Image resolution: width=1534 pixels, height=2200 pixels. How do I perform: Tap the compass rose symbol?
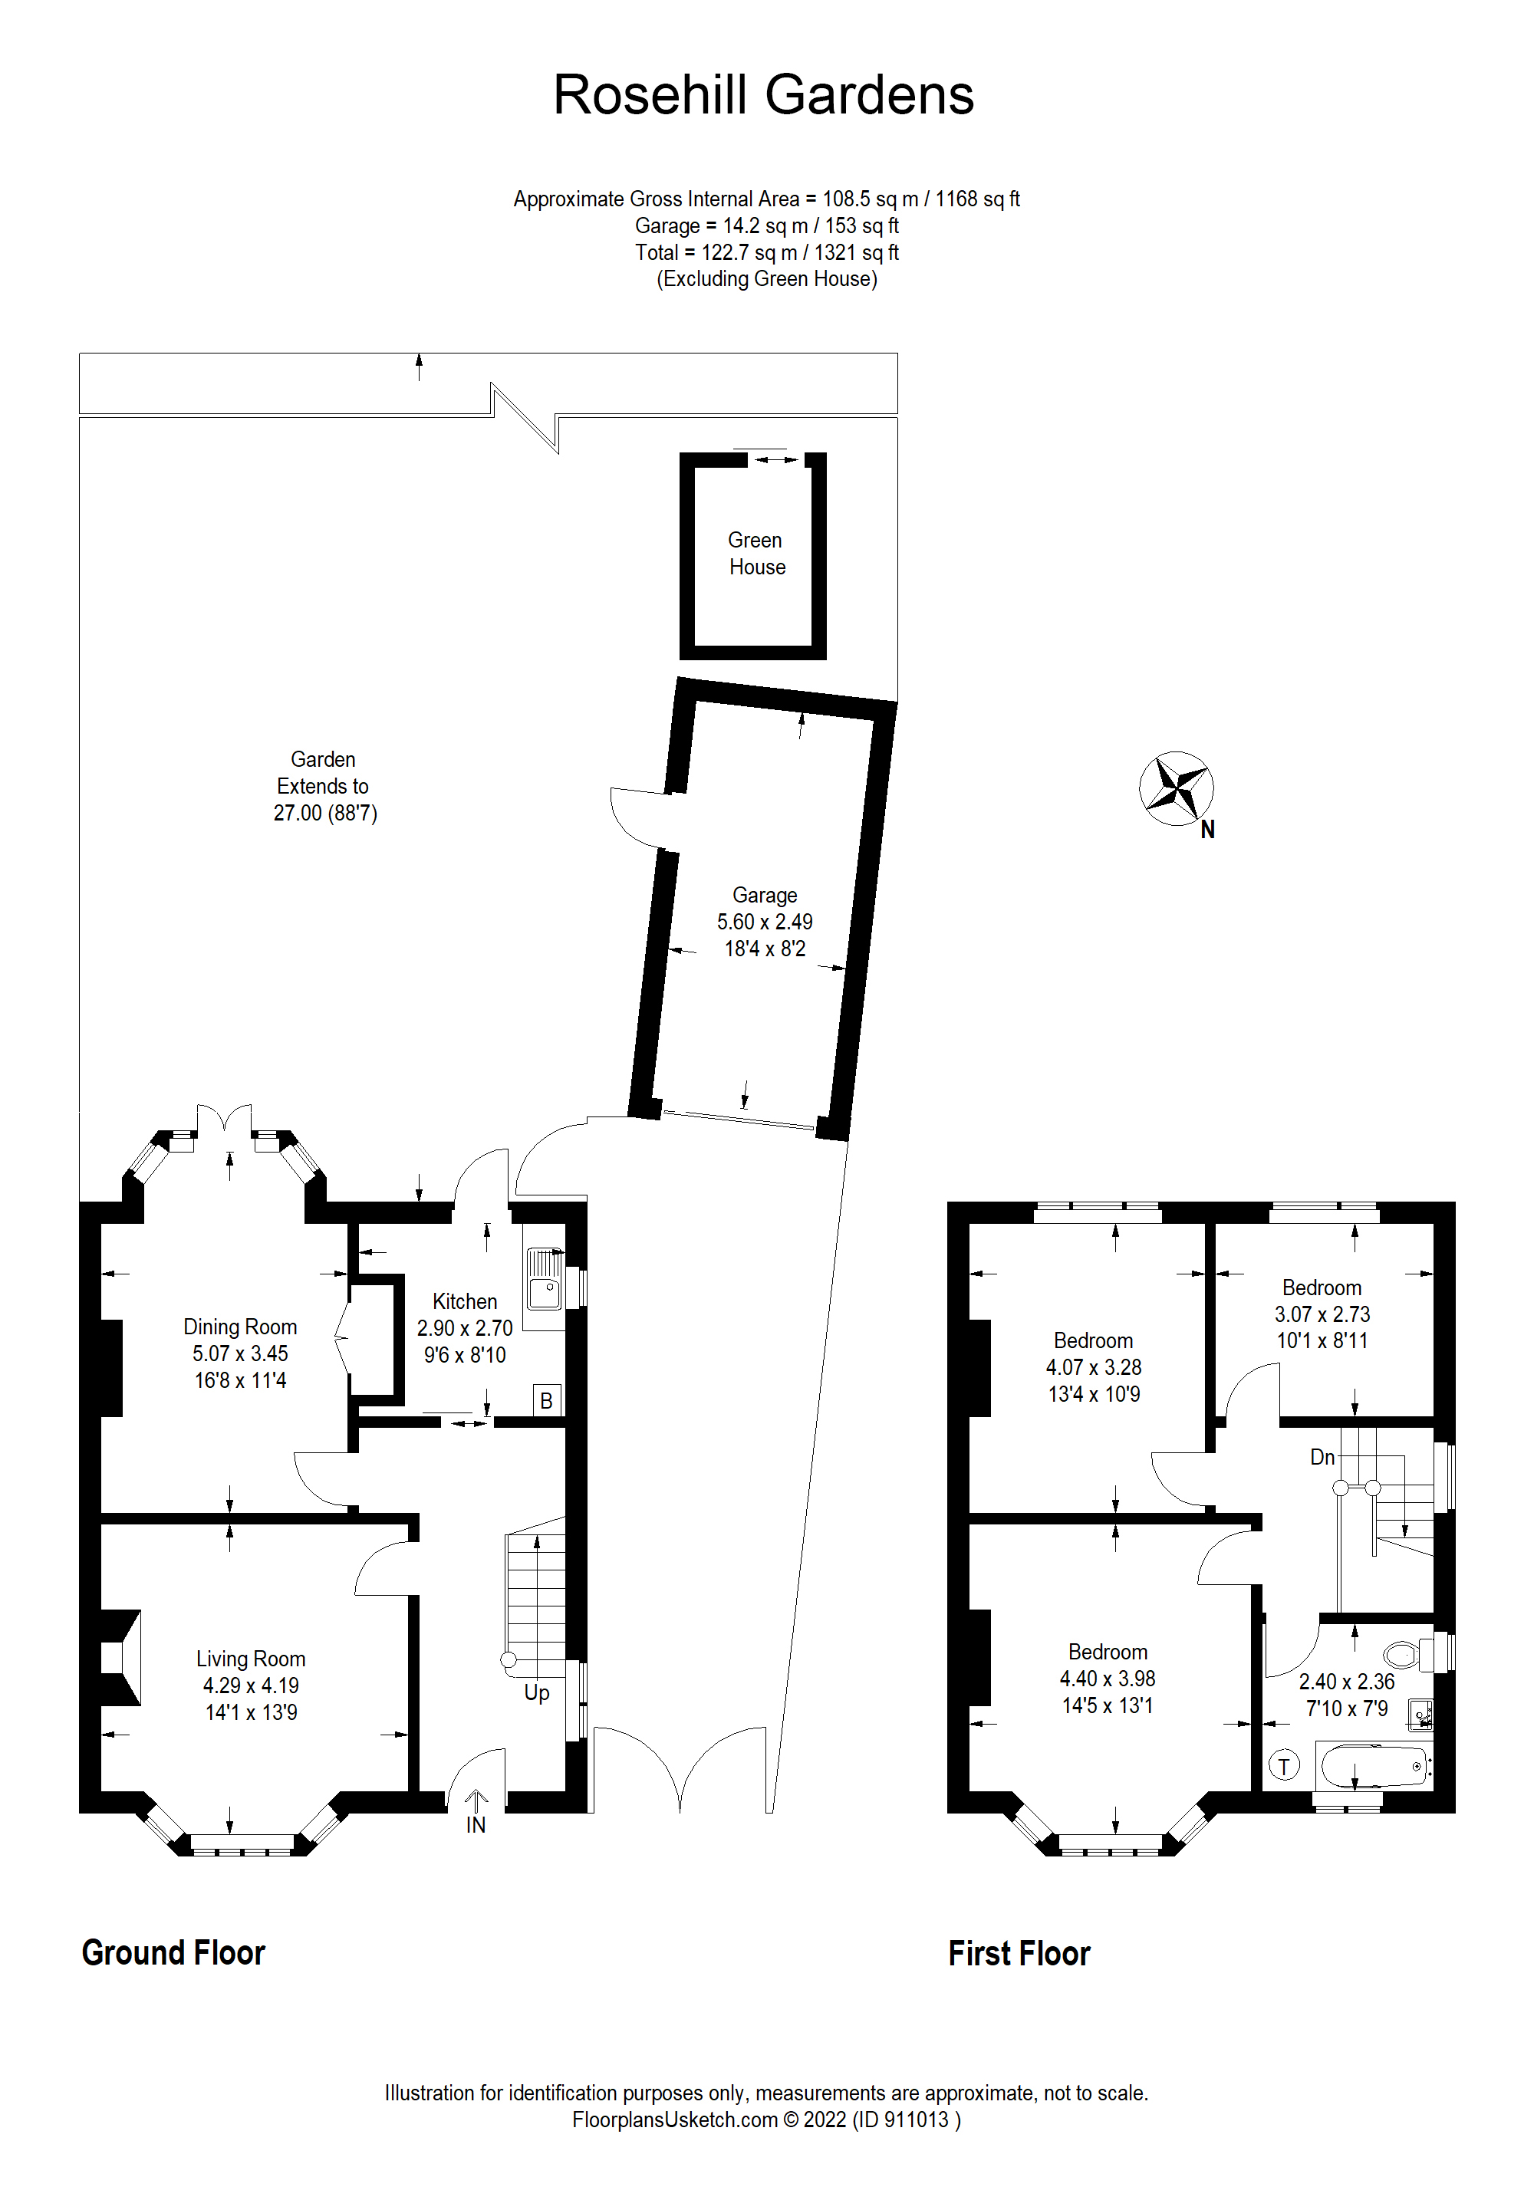[x=1176, y=788]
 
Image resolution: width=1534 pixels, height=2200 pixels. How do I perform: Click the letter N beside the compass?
[x=1207, y=830]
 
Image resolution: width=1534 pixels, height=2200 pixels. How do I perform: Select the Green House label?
[x=756, y=554]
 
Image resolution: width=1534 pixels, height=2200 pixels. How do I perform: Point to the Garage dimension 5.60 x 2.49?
[x=765, y=922]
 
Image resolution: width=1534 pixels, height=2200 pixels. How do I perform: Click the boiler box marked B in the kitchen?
[x=546, y=1401]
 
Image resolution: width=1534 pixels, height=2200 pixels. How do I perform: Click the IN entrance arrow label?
[x=476, y=1825]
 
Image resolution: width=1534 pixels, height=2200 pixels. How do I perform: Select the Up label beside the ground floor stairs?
[x=537, y=1692]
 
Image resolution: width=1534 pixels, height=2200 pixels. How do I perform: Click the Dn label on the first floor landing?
[x=1322, y=1458]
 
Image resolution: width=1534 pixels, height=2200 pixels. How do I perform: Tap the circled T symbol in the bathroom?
[x=1284, y=1765]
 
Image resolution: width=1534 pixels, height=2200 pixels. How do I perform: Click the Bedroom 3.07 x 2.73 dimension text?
[x=1322, y=1314]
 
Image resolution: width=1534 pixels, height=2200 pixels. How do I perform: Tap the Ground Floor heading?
[x=173, y=1953]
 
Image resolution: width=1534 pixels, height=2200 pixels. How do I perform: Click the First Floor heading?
[x=1019, y=1954]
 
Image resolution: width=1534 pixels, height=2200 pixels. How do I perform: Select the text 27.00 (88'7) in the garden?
[x=324, y=814]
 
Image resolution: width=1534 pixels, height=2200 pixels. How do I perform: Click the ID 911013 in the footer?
[x=906, y=2119]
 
